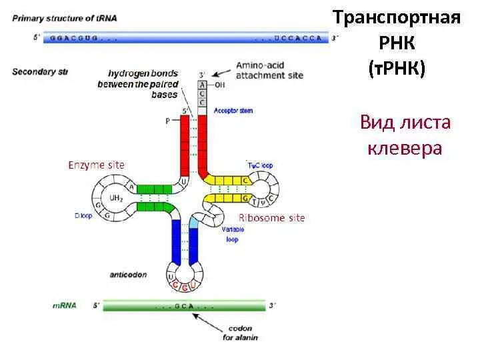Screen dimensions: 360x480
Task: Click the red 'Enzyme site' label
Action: click(x=96, y=165)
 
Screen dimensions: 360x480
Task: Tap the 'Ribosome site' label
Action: click(x=271, y=218)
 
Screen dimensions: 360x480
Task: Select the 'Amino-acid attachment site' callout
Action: click(x=269, y=71)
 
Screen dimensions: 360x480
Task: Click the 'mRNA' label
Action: click(x=64, y=305)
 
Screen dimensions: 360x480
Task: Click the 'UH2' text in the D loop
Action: click(x=115, y=198)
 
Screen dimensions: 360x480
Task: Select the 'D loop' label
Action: click(x=83, y=215)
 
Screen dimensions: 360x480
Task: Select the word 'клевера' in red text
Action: click(x=405, y=148)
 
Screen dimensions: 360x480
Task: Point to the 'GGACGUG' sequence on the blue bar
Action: click(x=75, y=39)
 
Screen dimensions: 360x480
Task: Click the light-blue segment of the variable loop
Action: click(x=195, y=222)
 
